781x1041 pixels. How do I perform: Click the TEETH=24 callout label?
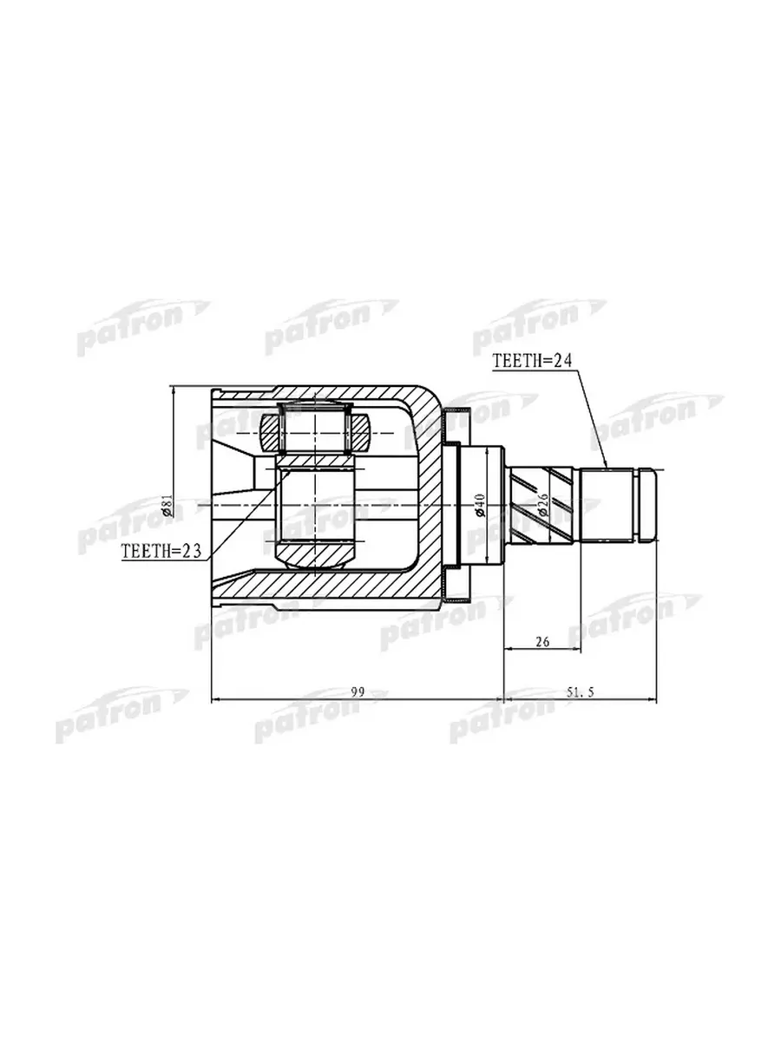533,360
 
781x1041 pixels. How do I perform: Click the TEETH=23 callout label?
161,551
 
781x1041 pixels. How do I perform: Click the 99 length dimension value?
358,692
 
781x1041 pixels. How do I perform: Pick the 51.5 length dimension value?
581,692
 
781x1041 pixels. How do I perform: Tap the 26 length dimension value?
542,642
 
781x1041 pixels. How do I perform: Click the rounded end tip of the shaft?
650,506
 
